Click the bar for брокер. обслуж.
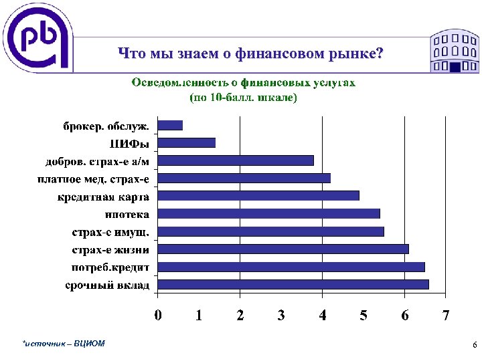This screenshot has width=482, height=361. (x=170, y=125)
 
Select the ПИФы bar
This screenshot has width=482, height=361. (x=187, y=142)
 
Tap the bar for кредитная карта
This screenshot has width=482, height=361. (x=258, y=196)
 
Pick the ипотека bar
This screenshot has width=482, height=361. (x=268, y=214)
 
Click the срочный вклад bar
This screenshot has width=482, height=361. (x=293, y=285)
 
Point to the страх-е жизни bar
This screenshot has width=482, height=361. (x=283, y=249)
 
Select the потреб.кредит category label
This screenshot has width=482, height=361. (x=110, y=267)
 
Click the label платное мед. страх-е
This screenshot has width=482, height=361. (x=93, y=178)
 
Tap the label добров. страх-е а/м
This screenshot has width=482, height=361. (x=97, y=161)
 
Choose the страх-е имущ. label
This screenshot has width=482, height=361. (x=110, y=232)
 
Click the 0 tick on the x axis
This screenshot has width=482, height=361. (x=158, y=315)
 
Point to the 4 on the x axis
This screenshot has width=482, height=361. (x=323, y=315)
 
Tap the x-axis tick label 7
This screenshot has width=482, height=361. (x=446, y=315)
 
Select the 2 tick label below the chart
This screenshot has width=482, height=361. (x=240, y=315)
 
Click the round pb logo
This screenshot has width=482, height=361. (x=37, y=37)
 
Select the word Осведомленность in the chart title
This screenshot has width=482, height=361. (x=175, y=84)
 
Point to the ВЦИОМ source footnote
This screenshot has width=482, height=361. (x=64, y=344)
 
